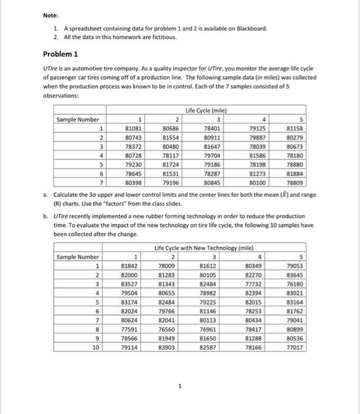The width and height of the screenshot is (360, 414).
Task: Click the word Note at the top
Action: click(x=51, y=15)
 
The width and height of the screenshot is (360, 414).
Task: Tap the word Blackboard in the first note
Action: click(x=252, y=28)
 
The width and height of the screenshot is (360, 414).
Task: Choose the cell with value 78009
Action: click(x=168, y=266)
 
